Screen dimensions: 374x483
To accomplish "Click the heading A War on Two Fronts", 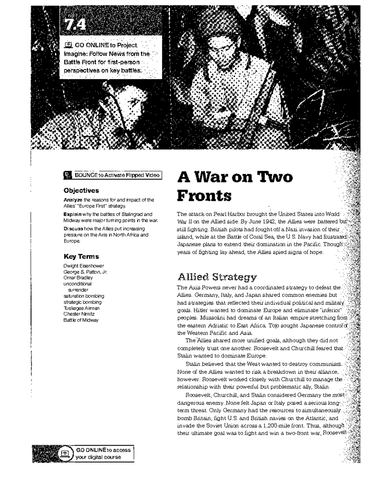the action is coord(235,186).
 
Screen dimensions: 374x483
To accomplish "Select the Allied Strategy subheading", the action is coord(217,277).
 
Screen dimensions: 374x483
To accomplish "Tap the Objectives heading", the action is coord(81,191).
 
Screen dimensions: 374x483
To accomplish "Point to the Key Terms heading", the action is coord(81,257).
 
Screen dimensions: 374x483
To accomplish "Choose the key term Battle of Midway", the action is coord(81,320).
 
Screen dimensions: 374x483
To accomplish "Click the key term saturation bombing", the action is coord(84,296).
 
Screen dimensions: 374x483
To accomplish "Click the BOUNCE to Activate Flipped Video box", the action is coord(113,175).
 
